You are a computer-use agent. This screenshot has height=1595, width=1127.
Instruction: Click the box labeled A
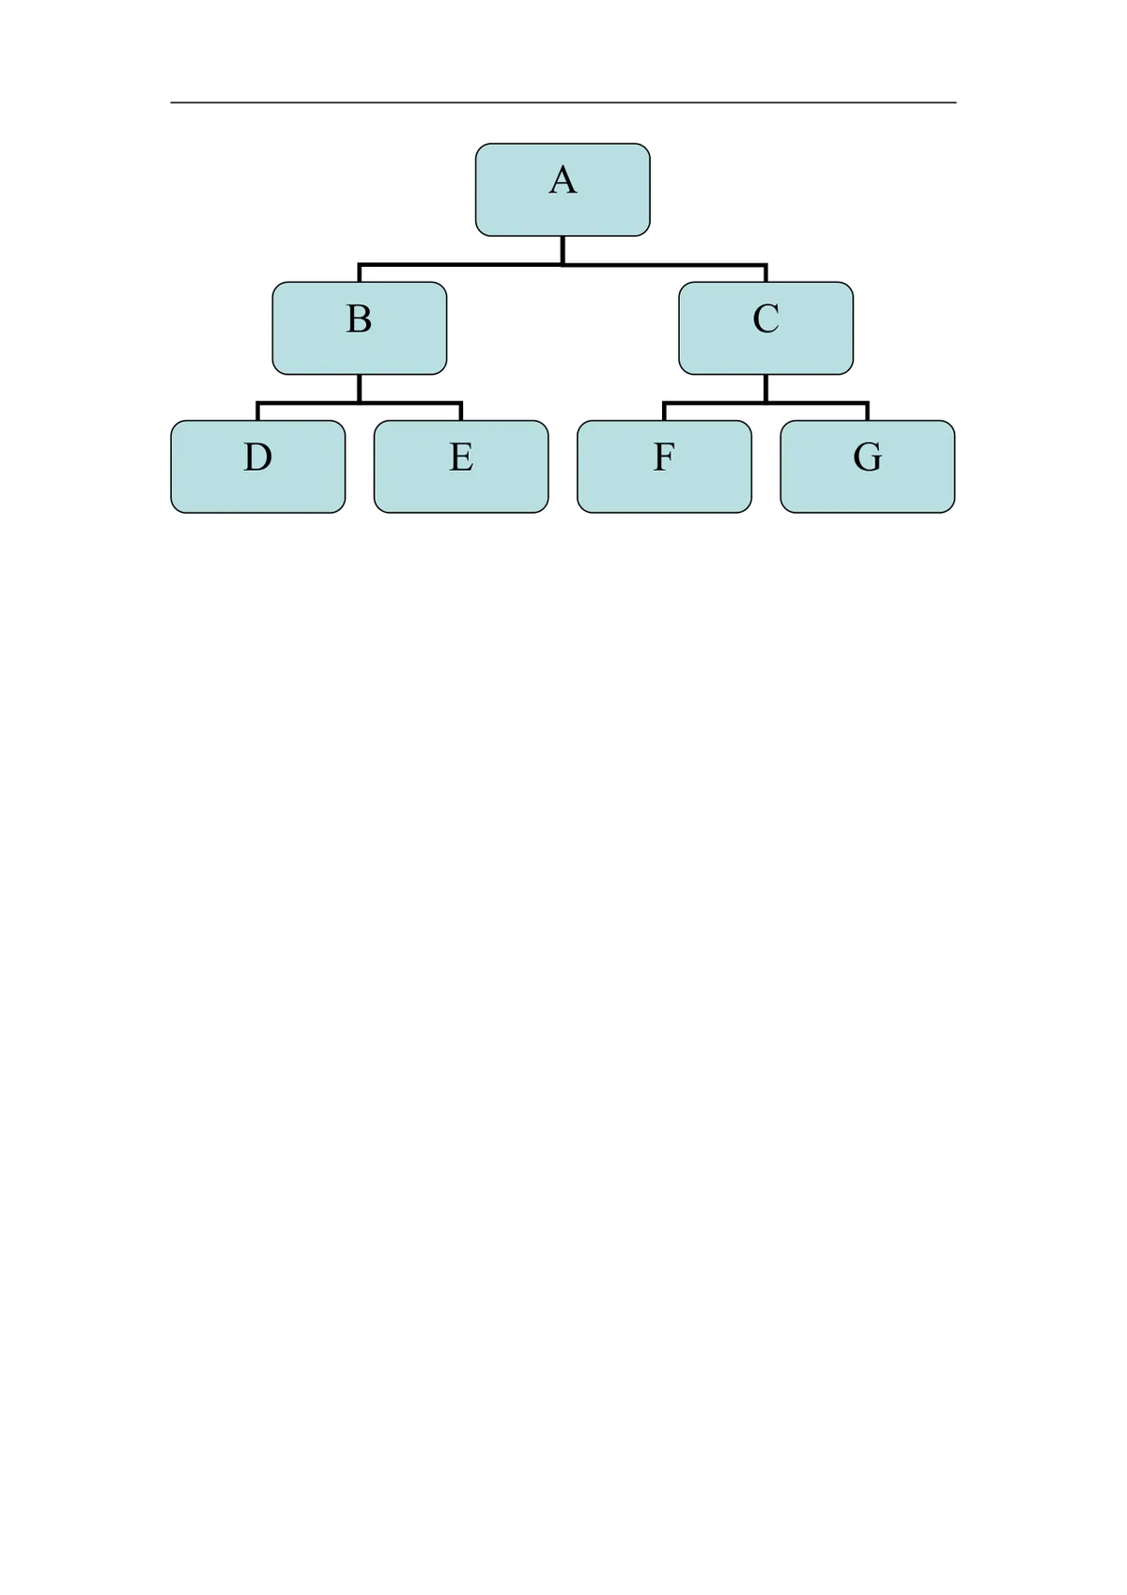(563, 190)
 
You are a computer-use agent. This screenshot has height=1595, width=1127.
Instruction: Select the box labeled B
(360, 328)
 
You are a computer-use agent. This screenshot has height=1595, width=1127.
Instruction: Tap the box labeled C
(766, 328)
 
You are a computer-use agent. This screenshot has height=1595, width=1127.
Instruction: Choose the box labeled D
(257, 467)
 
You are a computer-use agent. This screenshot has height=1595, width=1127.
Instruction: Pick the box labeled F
(664, 467)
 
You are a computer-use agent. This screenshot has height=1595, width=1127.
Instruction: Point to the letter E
(461, 457)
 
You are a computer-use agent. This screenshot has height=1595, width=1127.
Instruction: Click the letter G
(868, 457)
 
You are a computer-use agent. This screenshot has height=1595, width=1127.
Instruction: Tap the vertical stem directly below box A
(563, 251)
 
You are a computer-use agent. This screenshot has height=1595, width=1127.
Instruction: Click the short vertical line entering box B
(360, 273)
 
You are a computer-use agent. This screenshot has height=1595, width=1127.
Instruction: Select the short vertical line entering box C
(766, 273)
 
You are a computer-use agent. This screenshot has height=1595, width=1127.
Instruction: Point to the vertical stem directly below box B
(360, 389)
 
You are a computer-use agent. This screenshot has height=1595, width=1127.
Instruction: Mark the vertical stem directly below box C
(766, 389)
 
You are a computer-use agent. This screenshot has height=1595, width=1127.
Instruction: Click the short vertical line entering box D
(257, 411)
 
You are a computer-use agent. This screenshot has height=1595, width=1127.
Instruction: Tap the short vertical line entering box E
(461, 411)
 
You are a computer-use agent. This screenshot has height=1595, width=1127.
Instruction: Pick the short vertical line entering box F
(664, 411)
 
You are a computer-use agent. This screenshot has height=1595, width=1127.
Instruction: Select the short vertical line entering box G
(868, 411)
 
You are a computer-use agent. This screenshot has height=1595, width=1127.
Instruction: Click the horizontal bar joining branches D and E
(360, 403)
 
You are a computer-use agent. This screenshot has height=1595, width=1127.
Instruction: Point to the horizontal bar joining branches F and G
(766, 403)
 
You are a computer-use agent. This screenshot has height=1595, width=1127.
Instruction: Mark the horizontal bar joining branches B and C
(563, 265)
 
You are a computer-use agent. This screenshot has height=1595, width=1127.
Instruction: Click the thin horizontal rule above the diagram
(563, 102)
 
